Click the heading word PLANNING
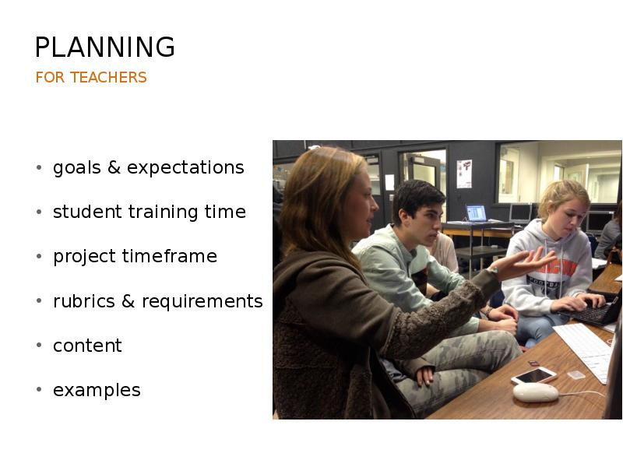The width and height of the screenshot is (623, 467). (x=105, y=47)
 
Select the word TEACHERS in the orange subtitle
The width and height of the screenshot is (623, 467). (x=108, y=77)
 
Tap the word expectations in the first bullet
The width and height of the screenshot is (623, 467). (x=185, y=167)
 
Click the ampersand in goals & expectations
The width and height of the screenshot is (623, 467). (x=114, y=167)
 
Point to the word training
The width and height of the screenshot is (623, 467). (x=163, y=212)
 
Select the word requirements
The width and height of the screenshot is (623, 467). (x=202, y=301)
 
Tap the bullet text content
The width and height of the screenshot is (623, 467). (x=87, y=346)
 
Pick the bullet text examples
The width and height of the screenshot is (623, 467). (x=97, y=391)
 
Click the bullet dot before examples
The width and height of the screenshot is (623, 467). (x=39, y=389)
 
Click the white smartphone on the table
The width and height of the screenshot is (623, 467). (x=533, y=375)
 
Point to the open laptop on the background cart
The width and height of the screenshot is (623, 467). (x=477, y=213)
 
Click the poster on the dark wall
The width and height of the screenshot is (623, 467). (x=464, y=174)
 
